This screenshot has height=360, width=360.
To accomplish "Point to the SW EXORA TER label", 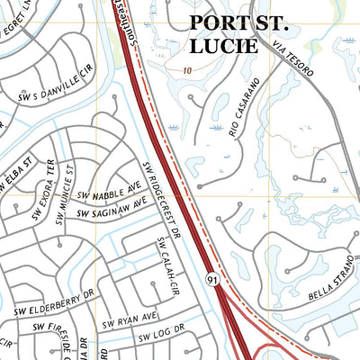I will click(43, 191).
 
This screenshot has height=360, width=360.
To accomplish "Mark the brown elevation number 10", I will click(186, 69).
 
